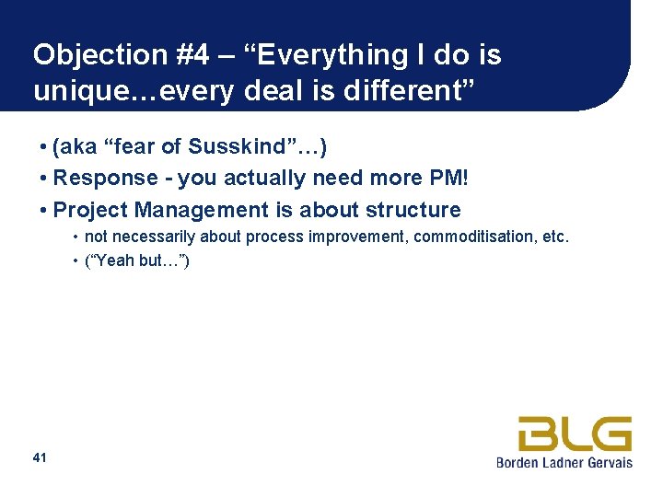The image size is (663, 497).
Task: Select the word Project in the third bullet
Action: (90, 210)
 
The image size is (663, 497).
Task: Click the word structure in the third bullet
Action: (413, 210)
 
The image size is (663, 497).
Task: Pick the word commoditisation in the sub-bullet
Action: (474, 237)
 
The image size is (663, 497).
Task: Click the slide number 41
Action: (40, 457)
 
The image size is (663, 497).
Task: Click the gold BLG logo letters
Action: (575, 433)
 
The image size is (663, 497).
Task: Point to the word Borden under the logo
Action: (518, 462)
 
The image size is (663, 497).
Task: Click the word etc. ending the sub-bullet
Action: (555, 237)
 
